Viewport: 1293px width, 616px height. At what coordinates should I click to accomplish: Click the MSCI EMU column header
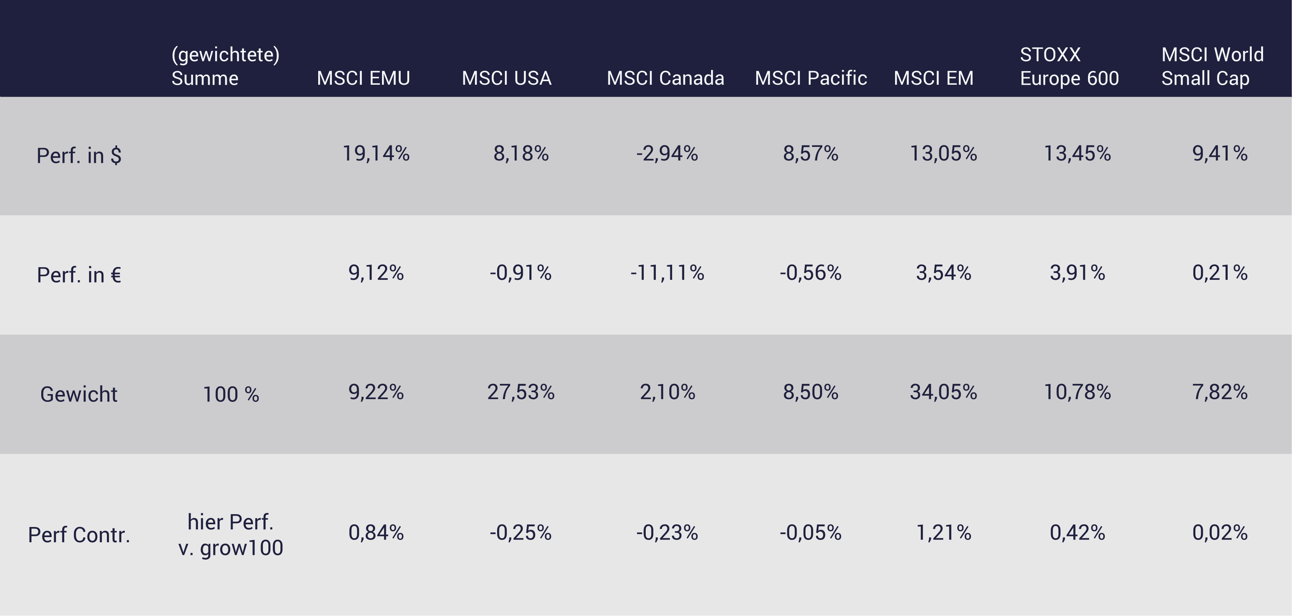point(363,78)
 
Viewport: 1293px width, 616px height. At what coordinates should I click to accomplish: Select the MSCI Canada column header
point(665,78)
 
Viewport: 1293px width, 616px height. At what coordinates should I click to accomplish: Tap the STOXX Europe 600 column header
point(1069,66)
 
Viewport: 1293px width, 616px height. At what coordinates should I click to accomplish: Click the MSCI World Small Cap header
point(1212,66)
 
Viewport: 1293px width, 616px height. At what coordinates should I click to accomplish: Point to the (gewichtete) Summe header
point(225,66)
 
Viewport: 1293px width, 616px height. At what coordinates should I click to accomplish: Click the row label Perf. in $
point(79,155)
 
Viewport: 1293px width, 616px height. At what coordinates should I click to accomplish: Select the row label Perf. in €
point(79,275)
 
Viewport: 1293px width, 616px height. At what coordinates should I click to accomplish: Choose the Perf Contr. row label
point(79,535)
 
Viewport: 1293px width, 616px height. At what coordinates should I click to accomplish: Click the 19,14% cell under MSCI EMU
point(376,154)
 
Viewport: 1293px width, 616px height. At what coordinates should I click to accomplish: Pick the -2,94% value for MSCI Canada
point(667,154)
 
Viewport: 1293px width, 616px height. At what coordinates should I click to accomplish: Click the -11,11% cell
point(667,273)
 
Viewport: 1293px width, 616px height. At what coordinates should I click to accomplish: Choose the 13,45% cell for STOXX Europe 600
point(1077,154)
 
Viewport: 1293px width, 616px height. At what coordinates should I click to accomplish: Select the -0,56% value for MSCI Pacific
point(811,273)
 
